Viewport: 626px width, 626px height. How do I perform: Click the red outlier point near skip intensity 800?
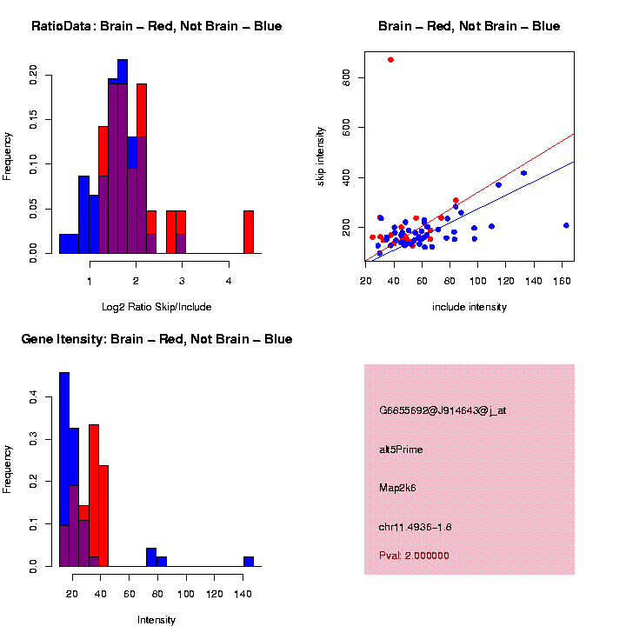click(390, 60)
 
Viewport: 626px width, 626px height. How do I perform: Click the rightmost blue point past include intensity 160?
click(566, 225)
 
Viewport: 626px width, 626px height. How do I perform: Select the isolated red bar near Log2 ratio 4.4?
click(249, 232)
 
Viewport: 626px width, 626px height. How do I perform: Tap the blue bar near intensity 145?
click(249, 562)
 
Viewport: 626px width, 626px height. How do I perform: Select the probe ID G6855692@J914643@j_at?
click(443, 410)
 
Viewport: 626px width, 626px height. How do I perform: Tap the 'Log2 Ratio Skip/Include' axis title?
click(156, 307)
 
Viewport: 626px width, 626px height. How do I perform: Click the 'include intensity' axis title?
click(469, 307)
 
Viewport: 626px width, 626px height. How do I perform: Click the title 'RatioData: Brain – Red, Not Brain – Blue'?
click(156, 27)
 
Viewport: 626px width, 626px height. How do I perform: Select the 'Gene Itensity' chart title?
click(156, 339)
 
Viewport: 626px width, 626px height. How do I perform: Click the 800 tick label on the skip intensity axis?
click(346, 78)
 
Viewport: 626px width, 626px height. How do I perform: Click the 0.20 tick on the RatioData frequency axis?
click(33, 75)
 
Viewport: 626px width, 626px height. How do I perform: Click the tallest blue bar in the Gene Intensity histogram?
click(64, 469)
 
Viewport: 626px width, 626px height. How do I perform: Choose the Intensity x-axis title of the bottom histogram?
click(156, 620)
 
